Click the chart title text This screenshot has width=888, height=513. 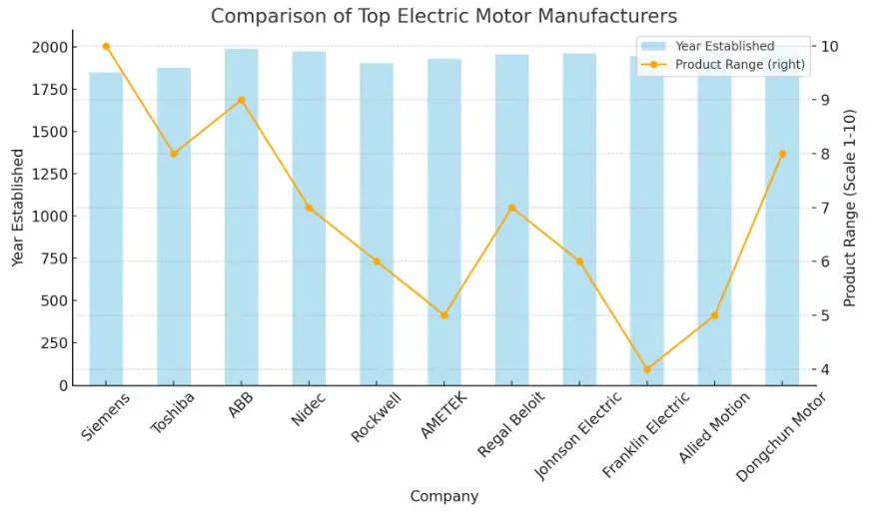(444, 16)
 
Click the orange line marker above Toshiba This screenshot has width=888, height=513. (174, 154)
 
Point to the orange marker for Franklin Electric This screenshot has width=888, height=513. (647, 369)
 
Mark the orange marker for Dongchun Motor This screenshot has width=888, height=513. (782, 154)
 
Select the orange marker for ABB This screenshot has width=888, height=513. (241, 100)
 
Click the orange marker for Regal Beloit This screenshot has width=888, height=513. (511, 208)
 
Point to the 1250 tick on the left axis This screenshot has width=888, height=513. (49, 174)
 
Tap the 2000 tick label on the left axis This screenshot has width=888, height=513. (49, 47)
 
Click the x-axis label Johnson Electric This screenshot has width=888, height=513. (580, 435)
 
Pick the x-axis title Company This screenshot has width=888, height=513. (444, 496)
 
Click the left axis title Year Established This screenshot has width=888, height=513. (18, 208)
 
